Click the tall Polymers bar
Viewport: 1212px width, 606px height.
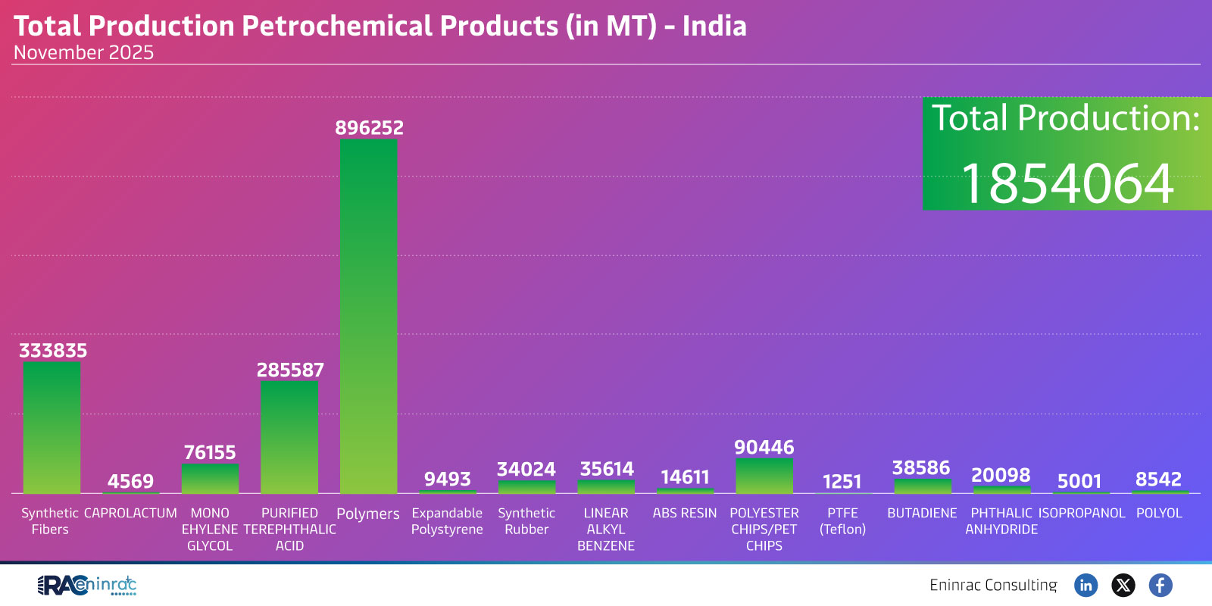pyautogui.click(x=368, y=318)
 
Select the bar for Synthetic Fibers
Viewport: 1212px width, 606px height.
pyautogui.click(x=52, y=428)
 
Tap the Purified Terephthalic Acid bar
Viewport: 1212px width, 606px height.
pyautogui.click(x=289, y=438)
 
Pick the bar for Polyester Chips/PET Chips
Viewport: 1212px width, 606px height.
pyautogui.click(x=764, y=476)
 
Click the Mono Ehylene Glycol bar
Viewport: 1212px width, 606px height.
pyautogui.click(x=210, y=479)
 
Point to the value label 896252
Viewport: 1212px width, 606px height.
pyautogui.click(x=369, y=128)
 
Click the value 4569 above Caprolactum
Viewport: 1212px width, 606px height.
pyautogui.click(x=130, y=482)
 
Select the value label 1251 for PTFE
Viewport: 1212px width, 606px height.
pyautogui.click(x=842, y=482)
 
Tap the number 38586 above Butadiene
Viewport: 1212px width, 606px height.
pyautogui.click(x=921, y=468)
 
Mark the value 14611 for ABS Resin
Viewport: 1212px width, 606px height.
pyautogui.click(x=685, y=477)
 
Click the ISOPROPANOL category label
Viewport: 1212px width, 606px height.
pyautogui.click(x=1082, y=513)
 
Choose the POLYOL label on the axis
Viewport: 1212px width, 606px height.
pyautogui.click(x=1159, y=513)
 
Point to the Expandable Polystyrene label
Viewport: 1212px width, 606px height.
pyautogui.click(x=447, y=521)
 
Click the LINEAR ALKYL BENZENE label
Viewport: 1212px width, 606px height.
pyautogui.click(x=606, y=529)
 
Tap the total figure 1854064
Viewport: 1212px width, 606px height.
pyautogui.click(x=1067, y=184)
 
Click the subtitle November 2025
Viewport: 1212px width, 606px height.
pyautogui.click(x=83, y=53)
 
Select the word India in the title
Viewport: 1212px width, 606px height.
pyautogui.click(x=714, y=27)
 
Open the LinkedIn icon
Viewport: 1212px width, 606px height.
pyautogui.click(x=1086, y=585)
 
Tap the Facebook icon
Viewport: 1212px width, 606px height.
pyautogui.click(x=1160, y=585)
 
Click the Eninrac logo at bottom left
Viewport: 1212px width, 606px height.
pyautogui.click(x=87, y=585)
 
